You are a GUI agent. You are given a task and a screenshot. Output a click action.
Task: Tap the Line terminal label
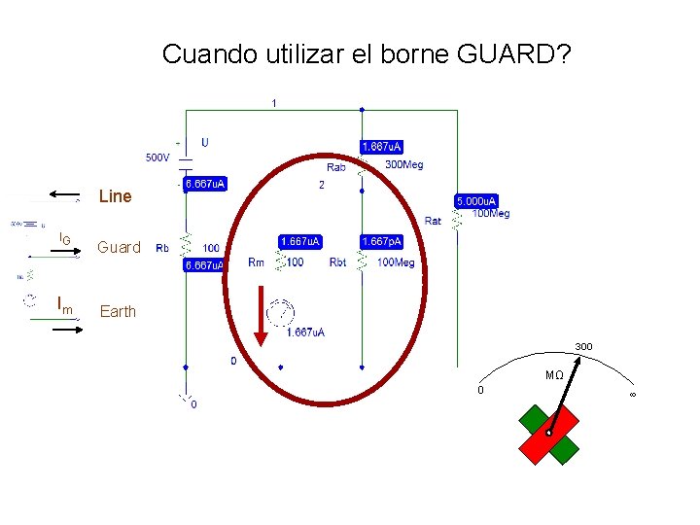pos(115,196)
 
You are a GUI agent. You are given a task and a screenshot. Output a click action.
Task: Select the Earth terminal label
pos(118,311)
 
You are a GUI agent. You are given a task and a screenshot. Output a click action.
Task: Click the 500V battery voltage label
pos(157,157)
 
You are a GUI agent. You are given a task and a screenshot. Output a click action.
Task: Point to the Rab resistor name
pos(335,167)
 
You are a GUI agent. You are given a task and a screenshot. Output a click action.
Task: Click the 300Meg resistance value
pos(404,164)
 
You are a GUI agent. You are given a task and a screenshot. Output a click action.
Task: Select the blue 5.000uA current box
pos(476,201)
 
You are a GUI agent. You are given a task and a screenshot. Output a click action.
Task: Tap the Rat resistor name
pos(433,221)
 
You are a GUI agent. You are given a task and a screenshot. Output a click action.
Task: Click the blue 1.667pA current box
pos(381,240)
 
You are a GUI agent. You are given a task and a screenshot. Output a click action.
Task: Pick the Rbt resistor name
pos(337,262)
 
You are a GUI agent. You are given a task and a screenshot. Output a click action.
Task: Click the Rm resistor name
pos(256,262)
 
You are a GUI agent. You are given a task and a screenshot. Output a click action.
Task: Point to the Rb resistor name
pos(162,248)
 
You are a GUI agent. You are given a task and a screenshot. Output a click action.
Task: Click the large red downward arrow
pos(260,315)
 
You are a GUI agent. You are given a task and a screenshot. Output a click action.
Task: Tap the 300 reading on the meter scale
pos(583,347)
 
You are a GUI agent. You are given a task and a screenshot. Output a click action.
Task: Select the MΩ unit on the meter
pos(553,375)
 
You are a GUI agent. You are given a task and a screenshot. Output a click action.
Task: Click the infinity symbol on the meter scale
pos(632,393)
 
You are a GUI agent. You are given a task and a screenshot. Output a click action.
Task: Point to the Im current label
pos(65,309)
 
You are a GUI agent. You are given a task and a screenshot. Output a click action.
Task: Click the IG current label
pos(64,238)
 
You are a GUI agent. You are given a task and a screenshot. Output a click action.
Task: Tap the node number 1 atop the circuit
pos(273,102)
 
